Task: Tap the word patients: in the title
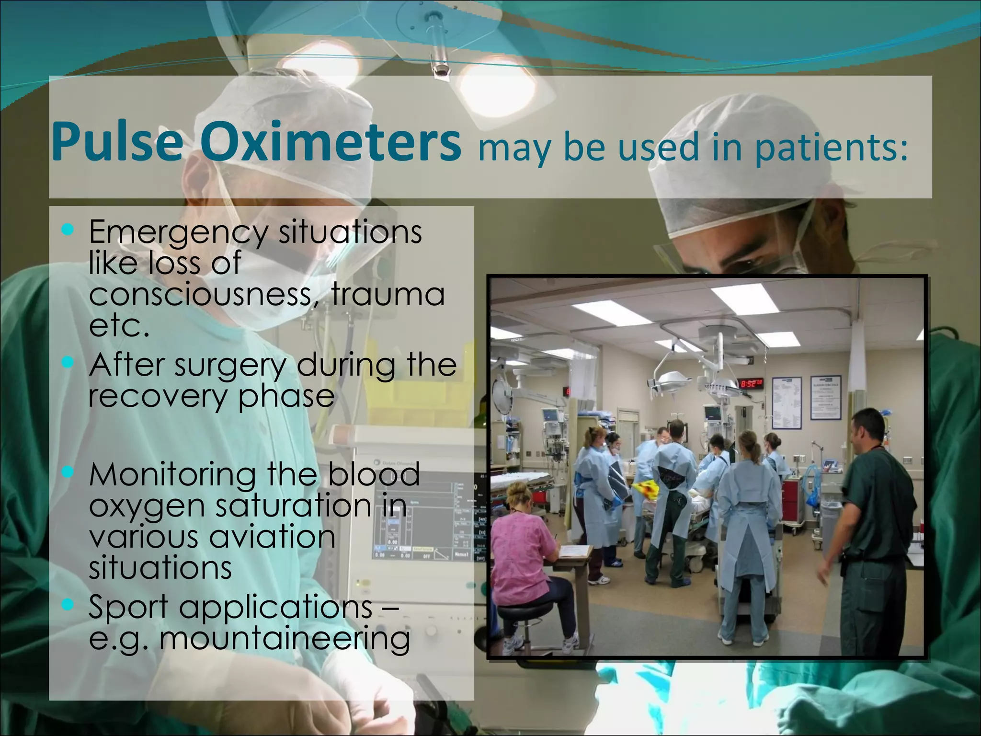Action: [831, 148]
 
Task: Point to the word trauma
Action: [388, 294]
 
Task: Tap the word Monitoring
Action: [172, 474]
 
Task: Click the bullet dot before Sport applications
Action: [68, 605]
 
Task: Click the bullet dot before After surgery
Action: [68, 363]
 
